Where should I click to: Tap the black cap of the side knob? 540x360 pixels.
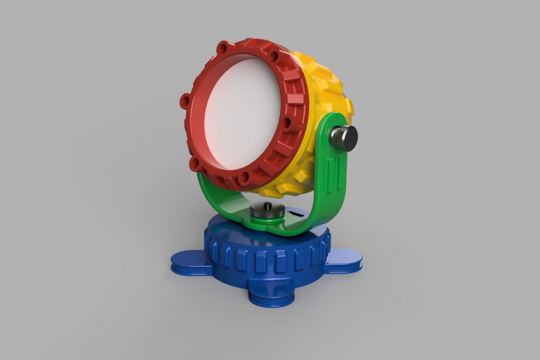349,139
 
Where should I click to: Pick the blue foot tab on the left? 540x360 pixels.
187,262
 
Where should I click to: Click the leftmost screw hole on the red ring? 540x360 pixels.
185,100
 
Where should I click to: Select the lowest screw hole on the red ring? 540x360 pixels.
244,179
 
